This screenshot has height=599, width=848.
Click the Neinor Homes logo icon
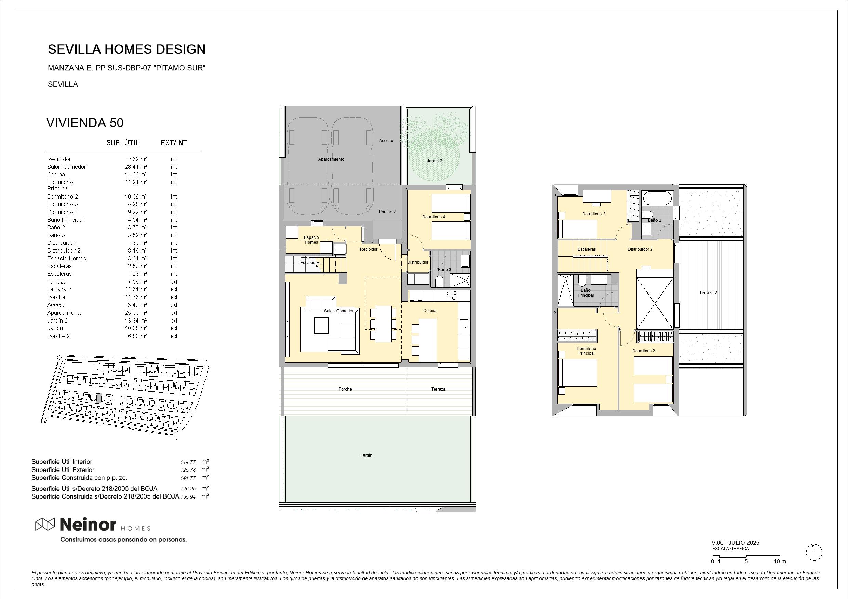coord(45,524)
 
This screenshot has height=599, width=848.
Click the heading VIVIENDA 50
coord(85,123)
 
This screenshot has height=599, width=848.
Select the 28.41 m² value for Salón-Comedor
coord(135,167)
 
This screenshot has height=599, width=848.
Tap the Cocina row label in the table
coord(56,175)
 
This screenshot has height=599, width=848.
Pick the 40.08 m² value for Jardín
coord(135,328)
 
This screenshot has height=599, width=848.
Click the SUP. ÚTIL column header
coord(123,143)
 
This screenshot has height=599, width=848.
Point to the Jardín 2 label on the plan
coord(435,161)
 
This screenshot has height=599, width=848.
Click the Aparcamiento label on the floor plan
coord(331,160)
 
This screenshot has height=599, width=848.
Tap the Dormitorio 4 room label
coord(434,217)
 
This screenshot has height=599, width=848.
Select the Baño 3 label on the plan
coord(445,269)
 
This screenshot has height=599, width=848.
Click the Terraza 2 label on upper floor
coord(708,293)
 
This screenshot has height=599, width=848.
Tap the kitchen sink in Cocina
coord(464,327)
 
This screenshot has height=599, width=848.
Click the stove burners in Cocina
coord(452,295)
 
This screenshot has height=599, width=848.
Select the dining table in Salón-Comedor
coord(383,324)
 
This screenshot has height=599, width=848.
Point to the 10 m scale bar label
coord(780,562)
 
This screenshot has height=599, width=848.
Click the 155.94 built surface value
coord(188,497)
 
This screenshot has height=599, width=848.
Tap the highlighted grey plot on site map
coord(98,398)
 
